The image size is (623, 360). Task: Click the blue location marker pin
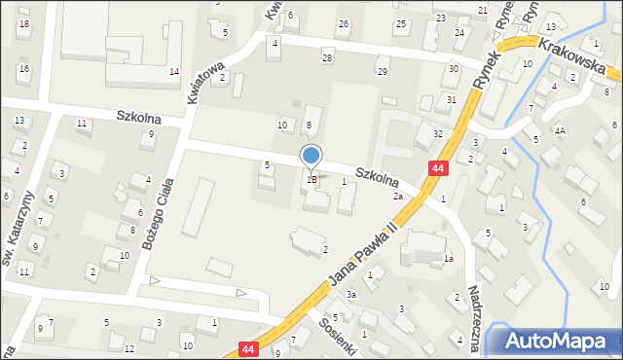311,156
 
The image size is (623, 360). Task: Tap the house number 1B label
311,179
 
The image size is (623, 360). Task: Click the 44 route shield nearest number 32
439,169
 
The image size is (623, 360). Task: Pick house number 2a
398,197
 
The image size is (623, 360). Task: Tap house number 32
438,133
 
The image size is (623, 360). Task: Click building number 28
327,58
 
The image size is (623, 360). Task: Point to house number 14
173,72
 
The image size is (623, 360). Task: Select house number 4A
560,129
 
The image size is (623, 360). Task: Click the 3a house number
351,294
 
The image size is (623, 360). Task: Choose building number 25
400,23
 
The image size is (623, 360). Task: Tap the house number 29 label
383,72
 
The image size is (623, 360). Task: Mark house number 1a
449,259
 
